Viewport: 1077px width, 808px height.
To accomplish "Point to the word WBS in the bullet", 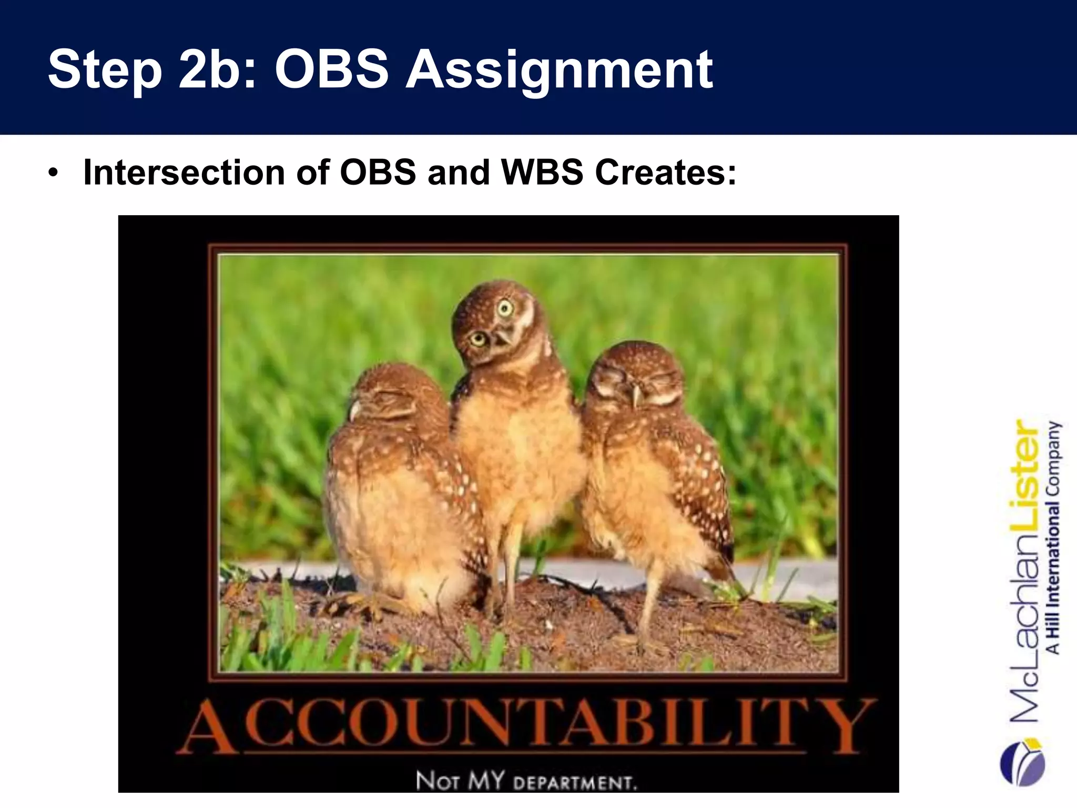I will (x=542, y=173).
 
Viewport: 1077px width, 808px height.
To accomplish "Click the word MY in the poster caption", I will (x=486, y=780).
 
